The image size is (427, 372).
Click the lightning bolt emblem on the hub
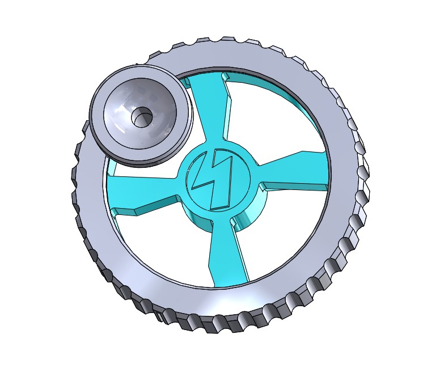pyautogui.click(x=213, y=180)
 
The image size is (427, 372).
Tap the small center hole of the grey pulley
pyautogui.click(x=139, y=118)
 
